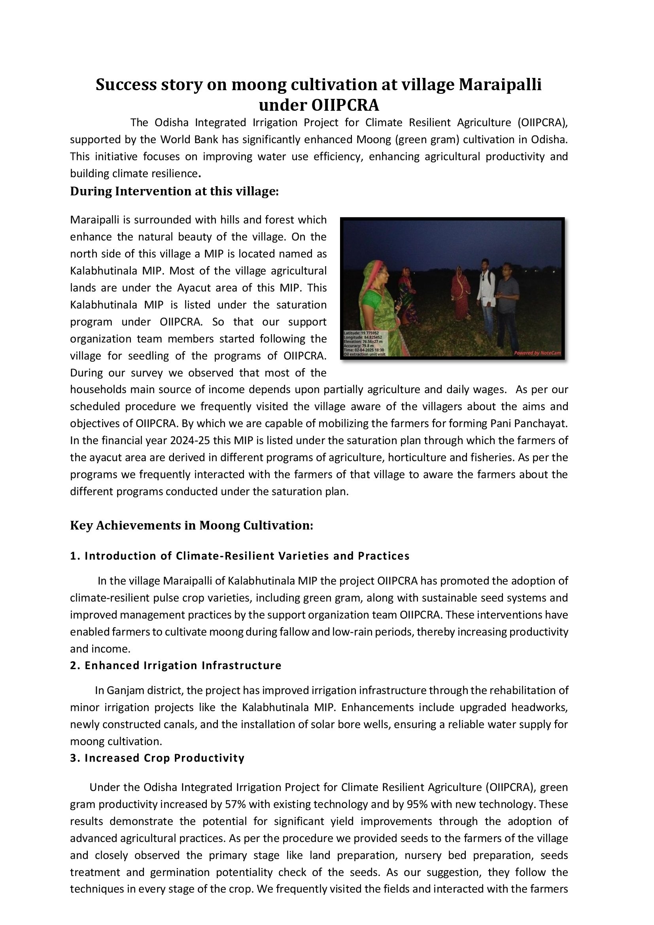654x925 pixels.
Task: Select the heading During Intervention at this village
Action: point(174,191)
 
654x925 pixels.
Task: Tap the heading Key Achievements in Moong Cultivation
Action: point(191,525)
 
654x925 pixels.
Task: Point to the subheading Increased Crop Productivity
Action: point(164,758)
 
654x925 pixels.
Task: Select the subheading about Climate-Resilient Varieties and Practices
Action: point(247,556)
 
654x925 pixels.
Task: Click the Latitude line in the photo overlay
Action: point(361,333)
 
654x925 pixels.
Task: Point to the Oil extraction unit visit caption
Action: point(365,354)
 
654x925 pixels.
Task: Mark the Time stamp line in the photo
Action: point(364,350)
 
